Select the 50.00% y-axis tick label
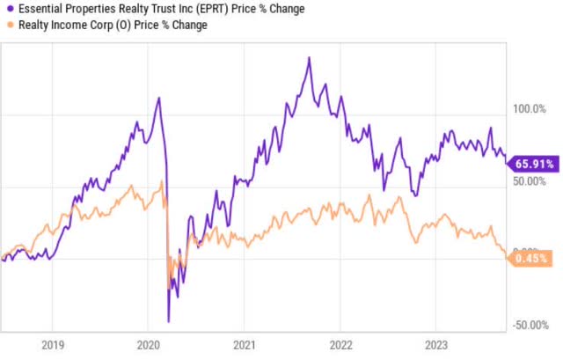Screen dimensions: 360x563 click(530, 180)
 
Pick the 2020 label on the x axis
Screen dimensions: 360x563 click(148, 345)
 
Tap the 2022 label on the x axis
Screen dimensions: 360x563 click(340, 345)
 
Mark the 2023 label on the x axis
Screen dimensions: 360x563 click(436, 345)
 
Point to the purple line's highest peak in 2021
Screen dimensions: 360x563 click(309, 58)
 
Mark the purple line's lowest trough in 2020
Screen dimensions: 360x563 click(168, 321)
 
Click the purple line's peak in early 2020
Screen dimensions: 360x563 click(158, 98)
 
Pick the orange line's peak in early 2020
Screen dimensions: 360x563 click(162, 182)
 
